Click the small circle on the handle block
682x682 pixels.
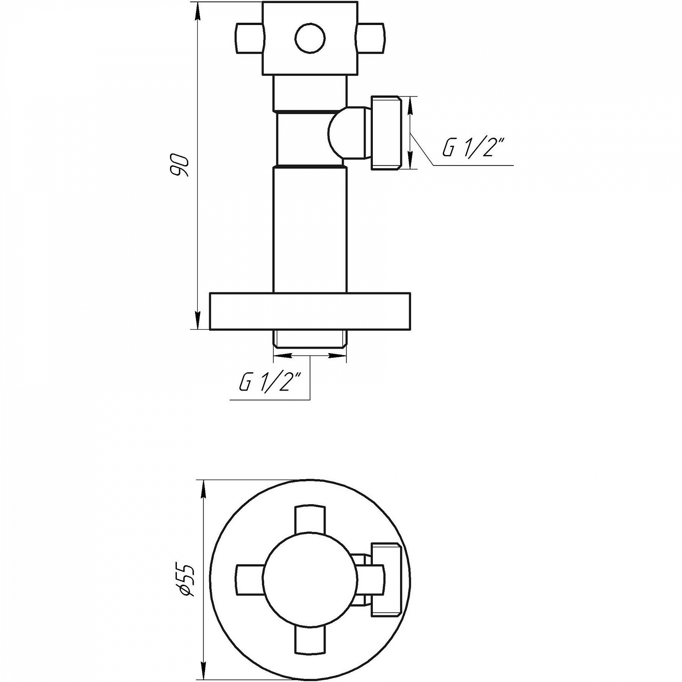click(x=310, y=38)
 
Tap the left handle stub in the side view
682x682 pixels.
click(x=250, y=38)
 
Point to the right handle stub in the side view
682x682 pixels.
click(x=371, y=38)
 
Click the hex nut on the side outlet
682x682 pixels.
click(x=387, y=133)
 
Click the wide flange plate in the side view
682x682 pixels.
click(x=310, y=311)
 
